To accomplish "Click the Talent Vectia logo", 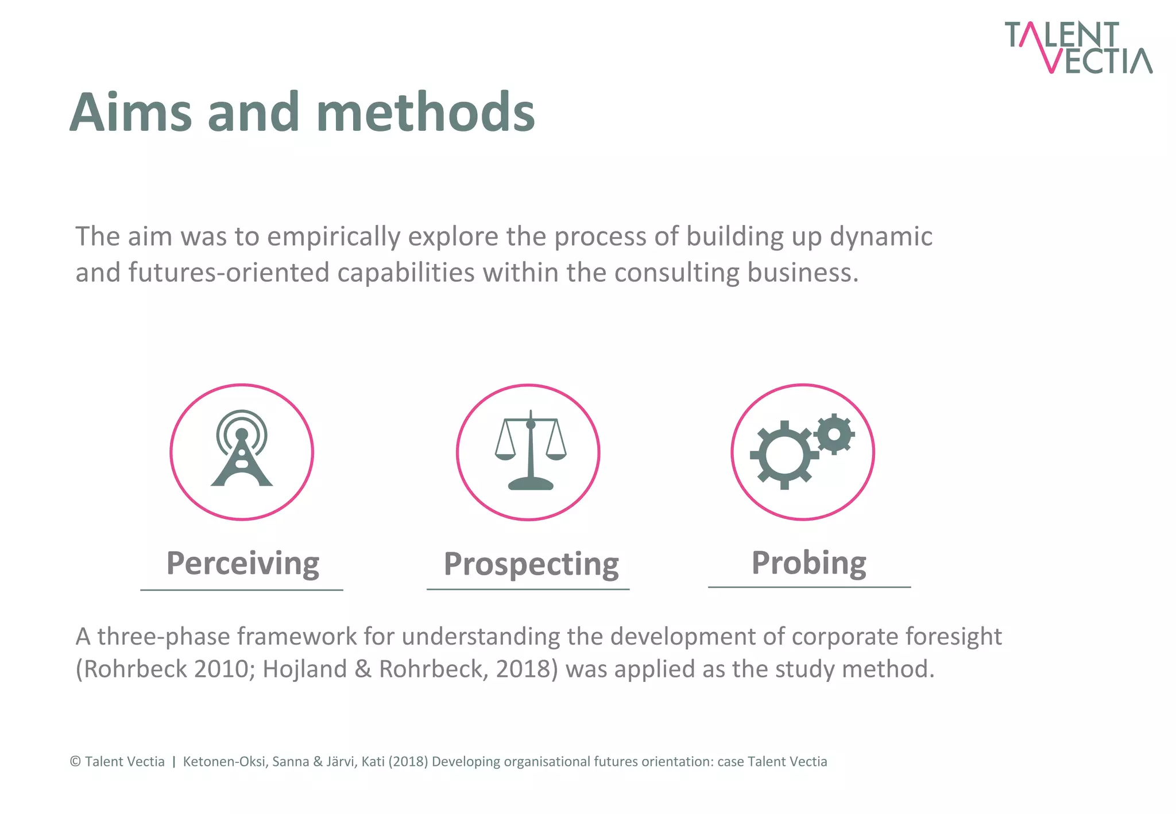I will [1077, 47].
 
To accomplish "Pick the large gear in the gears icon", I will [784, 455].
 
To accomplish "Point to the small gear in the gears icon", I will [834, 434].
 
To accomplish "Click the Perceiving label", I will [242, 563].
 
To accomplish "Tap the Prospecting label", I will [531, 564].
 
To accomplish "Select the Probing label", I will [808, 563].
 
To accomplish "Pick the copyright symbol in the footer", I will [75, 762].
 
